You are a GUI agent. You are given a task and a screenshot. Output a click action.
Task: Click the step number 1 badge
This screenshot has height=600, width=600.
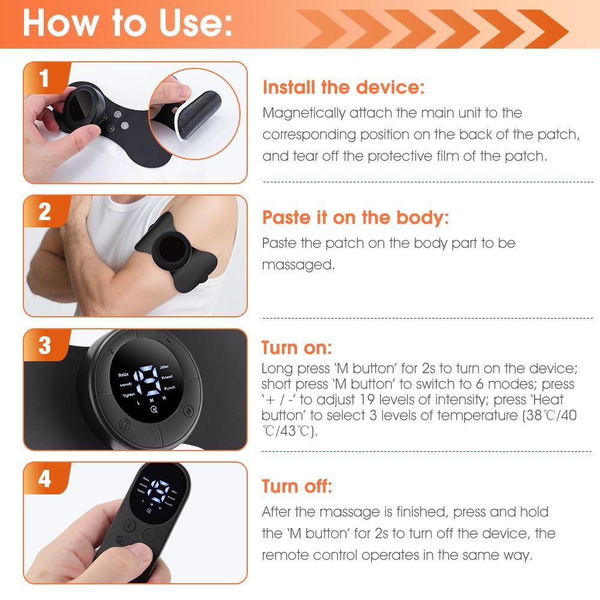click(x=44, y=78)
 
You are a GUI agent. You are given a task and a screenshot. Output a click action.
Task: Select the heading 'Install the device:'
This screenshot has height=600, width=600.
click(x=343, y=88)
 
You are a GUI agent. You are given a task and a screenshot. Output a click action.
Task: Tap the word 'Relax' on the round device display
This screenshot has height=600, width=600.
click(x=124, y=374)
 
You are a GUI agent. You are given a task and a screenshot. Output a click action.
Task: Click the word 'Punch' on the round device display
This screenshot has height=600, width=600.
click(x=169, y=388)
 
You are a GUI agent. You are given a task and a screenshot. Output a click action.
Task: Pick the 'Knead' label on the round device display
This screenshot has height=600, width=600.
click(x=167, y=377)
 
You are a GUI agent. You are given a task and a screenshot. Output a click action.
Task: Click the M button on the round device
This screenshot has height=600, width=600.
click(x=188, y=411)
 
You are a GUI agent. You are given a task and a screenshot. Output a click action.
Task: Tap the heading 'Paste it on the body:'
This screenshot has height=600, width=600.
click(x=355, y=217)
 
